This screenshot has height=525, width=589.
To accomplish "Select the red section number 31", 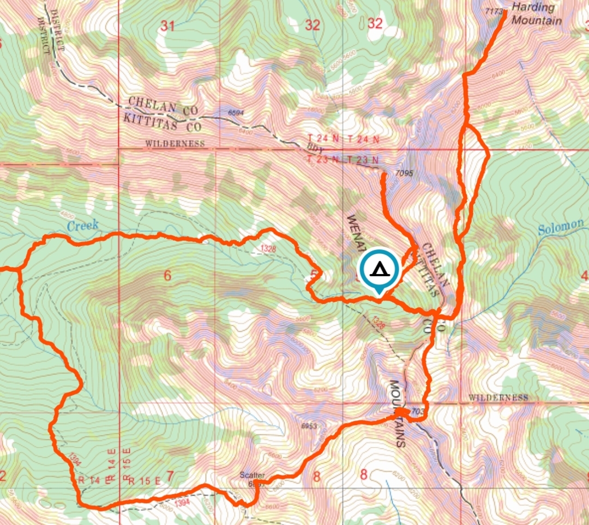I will pos(167,25).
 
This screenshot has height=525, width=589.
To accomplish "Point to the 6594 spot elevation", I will pos(237,113).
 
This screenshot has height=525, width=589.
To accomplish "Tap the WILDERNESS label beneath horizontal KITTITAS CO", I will pos(175,144).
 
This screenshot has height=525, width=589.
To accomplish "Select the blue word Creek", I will pos(83,225).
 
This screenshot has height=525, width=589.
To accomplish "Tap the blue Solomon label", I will pos(561,227).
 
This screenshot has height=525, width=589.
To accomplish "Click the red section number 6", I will pos(167,276).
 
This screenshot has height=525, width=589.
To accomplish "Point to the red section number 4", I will pos(585,276).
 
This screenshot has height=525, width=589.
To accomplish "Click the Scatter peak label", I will pos(252,475).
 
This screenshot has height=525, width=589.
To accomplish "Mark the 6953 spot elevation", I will pos(309,425).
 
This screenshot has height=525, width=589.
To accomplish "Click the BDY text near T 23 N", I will pos(311,150).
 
